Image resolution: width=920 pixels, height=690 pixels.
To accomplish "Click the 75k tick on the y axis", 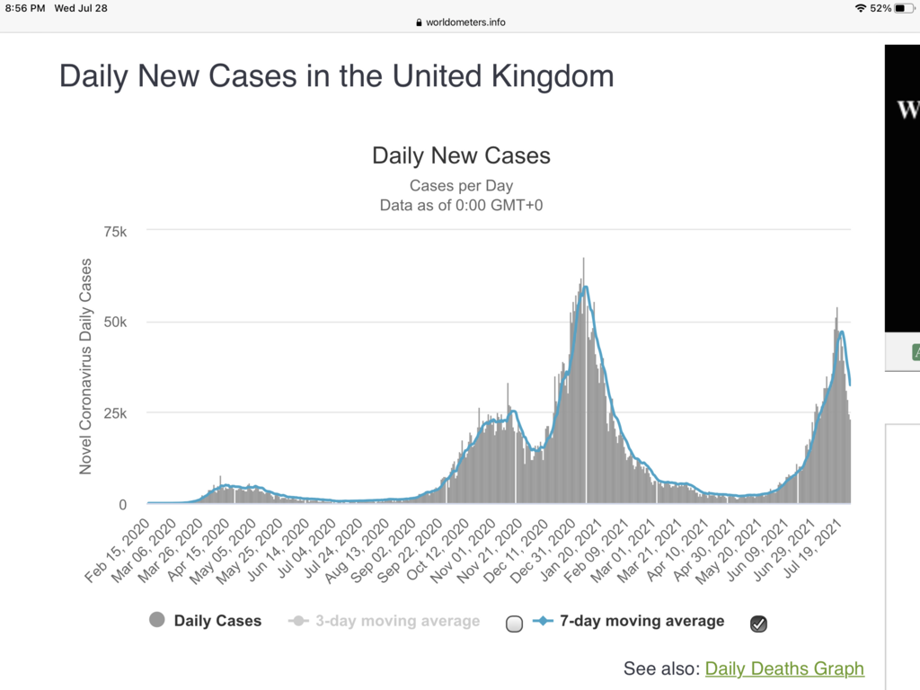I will [117, 231].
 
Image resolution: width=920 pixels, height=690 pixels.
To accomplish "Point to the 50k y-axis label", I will [117, 323].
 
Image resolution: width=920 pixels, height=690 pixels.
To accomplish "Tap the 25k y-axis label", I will [117, 413].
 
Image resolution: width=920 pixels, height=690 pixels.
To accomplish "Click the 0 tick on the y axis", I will [123, 505].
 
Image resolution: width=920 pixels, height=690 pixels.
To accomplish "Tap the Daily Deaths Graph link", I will [784, 668].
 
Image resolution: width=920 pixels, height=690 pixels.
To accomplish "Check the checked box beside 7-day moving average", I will [758, 624].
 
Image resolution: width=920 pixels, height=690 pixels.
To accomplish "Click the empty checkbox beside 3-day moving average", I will [514, 624].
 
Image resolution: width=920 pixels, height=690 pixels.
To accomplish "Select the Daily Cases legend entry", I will [217, 621].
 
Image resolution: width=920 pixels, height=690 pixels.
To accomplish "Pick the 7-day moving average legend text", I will [641, 621].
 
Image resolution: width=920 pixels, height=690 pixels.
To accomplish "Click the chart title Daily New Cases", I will [461, 155].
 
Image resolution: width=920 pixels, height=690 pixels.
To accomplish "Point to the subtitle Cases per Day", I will [461, 186].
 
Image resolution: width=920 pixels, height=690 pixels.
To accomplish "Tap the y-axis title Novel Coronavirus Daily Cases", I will [86, 367].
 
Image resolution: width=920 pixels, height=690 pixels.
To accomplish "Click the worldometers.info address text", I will [466, 22].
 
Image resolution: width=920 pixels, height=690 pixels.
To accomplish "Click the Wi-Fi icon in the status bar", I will [861, 8].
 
